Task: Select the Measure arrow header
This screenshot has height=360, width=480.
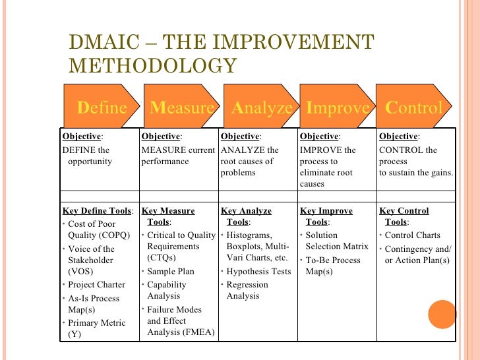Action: (181, 107)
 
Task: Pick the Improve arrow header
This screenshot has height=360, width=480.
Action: (338, 107)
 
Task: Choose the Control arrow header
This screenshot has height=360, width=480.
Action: (414, 107)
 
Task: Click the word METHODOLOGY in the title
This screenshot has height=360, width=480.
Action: (152, 66)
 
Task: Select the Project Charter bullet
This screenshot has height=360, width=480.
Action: (96, 285)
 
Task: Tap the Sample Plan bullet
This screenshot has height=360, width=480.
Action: (171, 272)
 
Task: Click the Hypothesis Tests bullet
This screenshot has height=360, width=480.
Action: (258, 272)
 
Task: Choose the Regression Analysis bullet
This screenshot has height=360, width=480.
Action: (247, 290)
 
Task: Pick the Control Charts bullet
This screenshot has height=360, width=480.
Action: (412, 235)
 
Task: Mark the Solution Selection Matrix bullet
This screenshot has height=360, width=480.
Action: (336, 241)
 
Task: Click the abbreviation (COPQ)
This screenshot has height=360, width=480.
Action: (113, 235)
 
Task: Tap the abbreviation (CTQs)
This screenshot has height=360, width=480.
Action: (162, 258)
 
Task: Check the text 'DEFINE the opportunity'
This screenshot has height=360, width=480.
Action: (87, 156)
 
